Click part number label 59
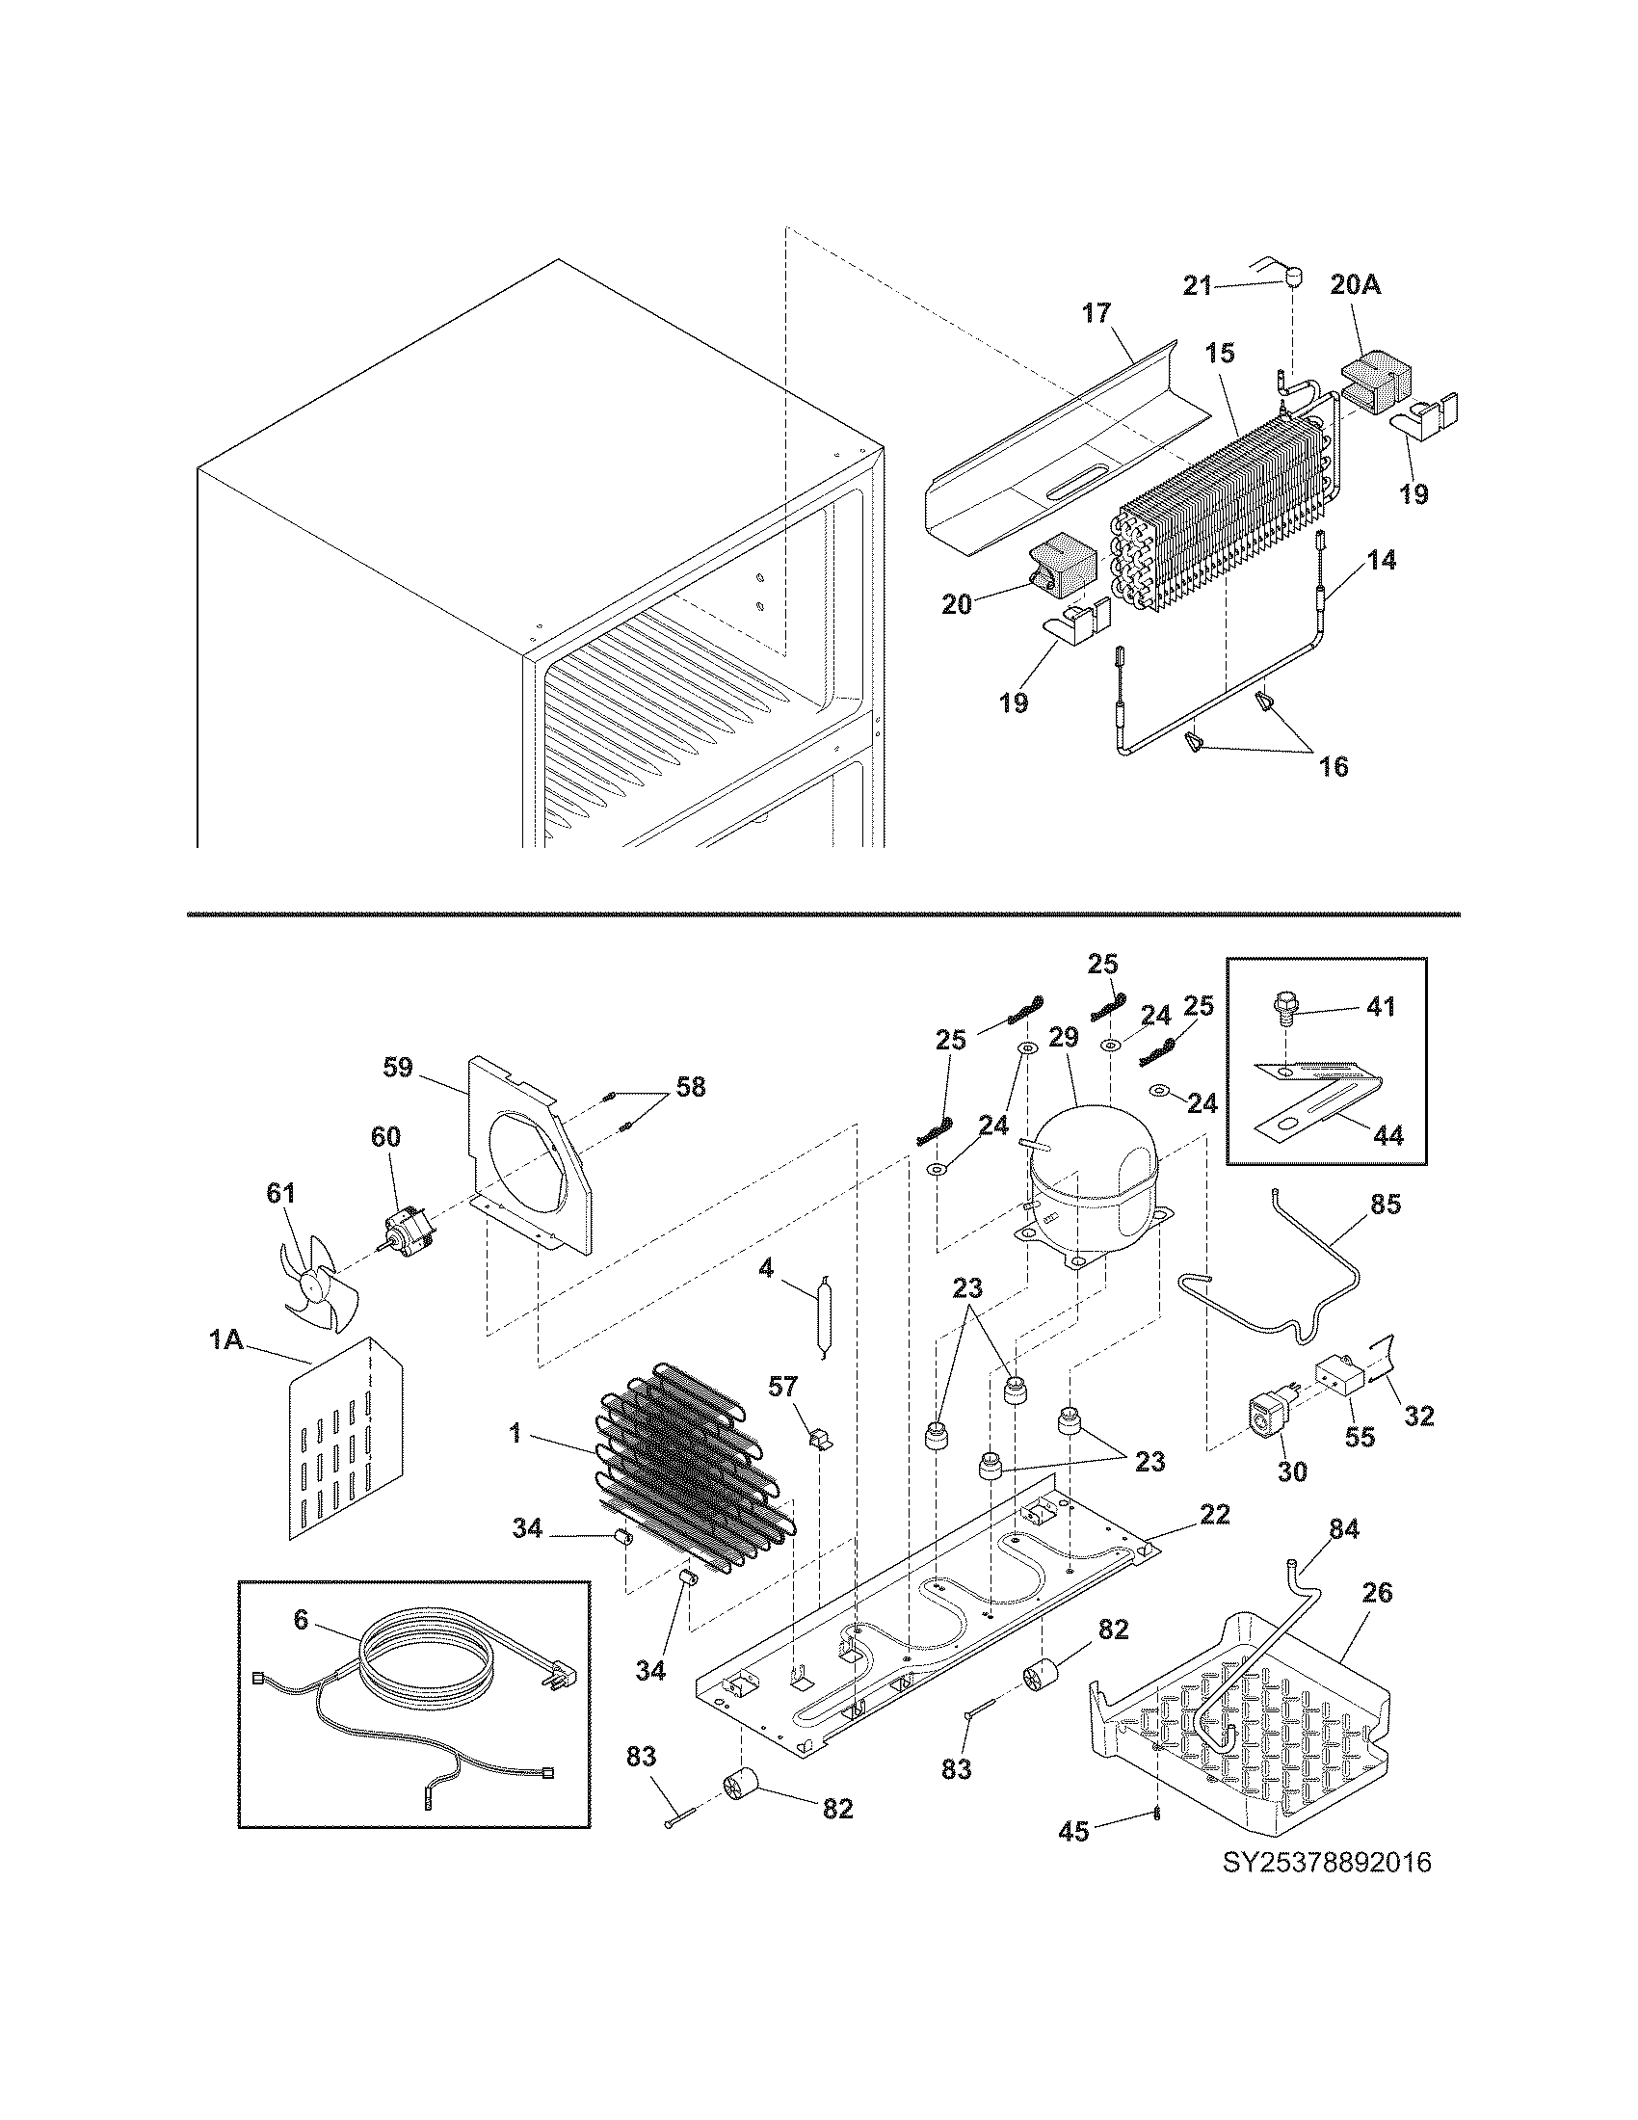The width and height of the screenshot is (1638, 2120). pos(398,1068)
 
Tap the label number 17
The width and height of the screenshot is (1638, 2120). pos(1096,313)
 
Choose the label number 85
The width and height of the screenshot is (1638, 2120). pos(1386,1204)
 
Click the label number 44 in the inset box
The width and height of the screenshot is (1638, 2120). pos(1389,1135)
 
